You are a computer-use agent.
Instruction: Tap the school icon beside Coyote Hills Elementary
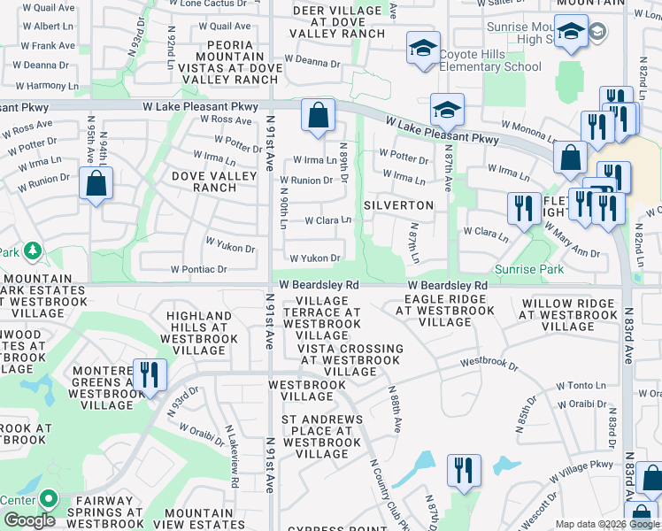424,48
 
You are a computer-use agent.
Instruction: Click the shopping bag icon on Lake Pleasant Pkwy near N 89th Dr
318,115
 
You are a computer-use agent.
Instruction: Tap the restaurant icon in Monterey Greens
150,374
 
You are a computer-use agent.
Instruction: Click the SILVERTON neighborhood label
398,205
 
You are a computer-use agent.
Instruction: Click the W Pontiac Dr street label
199,268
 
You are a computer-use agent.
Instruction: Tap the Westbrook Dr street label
489,362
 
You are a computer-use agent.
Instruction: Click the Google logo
29,520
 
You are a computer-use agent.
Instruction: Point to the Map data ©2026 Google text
607,524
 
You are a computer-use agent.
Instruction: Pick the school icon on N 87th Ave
447,110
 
